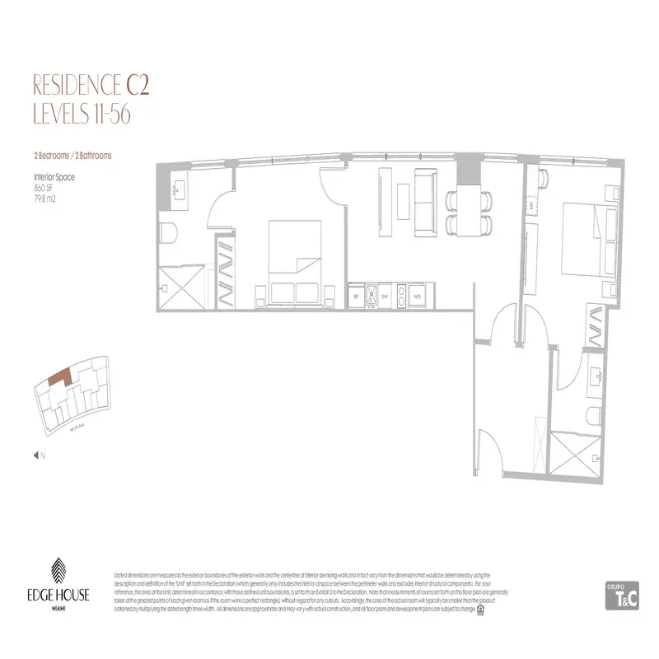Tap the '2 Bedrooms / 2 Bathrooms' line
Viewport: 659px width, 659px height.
[72, 155]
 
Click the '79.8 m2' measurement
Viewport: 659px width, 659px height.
[45, 198]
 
